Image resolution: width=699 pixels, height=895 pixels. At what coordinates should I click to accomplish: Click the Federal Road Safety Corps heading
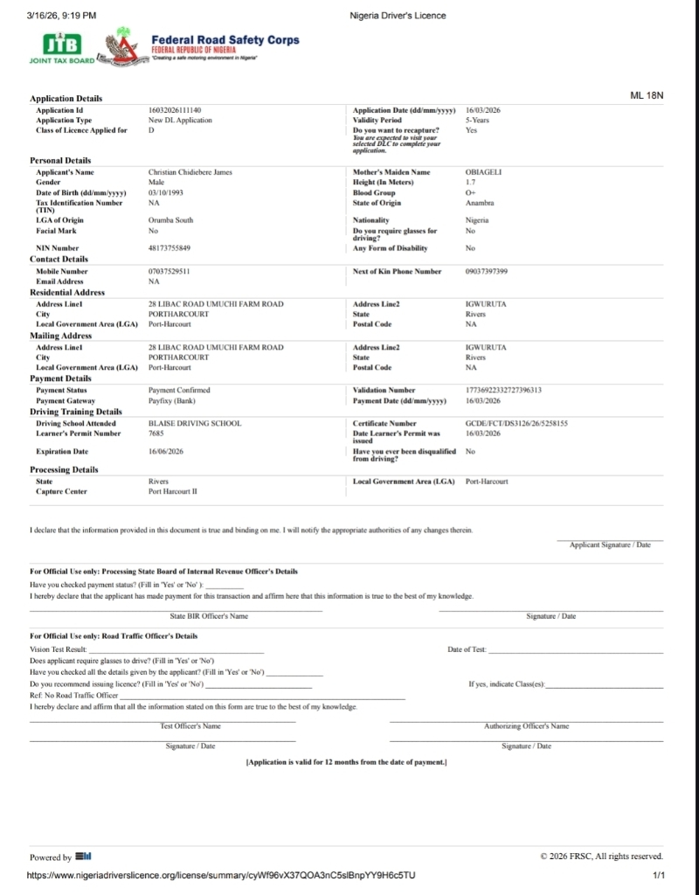(225, 39)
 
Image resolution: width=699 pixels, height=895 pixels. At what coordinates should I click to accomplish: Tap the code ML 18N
(647, 95)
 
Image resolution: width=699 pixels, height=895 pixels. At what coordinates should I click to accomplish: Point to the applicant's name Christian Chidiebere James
(190, 172)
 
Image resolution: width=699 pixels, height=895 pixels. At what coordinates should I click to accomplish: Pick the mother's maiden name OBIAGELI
(483, 172)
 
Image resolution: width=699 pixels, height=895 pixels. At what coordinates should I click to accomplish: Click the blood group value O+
(470, 192)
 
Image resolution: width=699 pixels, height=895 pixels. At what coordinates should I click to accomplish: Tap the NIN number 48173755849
(170, 248)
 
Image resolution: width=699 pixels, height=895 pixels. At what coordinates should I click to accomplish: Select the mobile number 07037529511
(170, 272)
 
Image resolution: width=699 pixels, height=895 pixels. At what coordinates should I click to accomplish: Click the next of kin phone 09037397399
(487, 272)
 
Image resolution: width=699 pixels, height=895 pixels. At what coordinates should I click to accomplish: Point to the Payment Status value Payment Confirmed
(179, 390)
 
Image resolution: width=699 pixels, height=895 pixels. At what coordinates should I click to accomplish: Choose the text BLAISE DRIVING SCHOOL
(195, 423)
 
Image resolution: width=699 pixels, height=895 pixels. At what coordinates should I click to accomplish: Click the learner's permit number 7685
(156, 433)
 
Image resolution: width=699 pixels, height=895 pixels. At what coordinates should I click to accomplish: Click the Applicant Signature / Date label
(610, 545)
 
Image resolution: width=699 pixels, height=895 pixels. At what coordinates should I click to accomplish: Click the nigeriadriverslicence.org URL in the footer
(222, 875)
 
